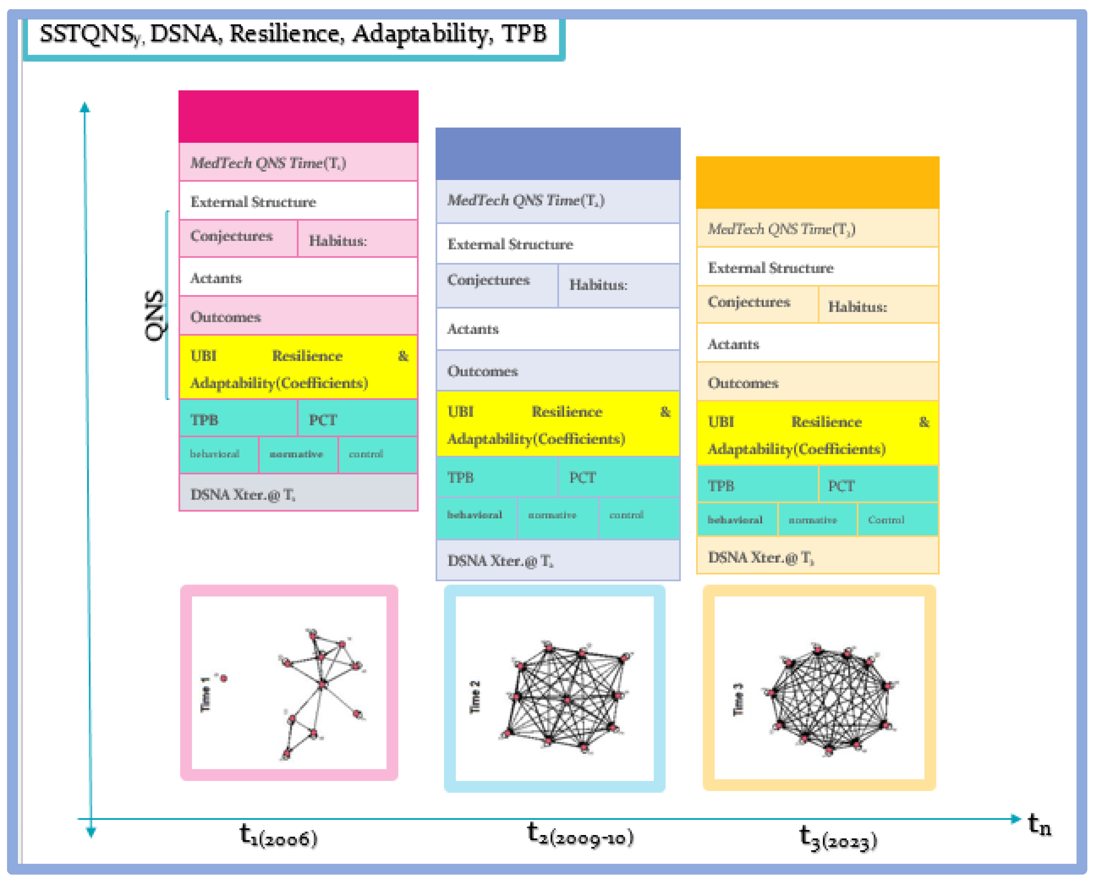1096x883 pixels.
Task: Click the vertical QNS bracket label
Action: click(x=154, y=315)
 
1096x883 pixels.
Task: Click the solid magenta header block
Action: click(x=298, y=116)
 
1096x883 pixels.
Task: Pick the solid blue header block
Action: click(x=558, y=153)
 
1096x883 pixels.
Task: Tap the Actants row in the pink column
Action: click(x=298, y=278)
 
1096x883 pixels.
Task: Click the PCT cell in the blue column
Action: click(x=618, y=478)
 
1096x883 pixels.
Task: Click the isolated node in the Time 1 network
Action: click(x=224, y=678)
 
